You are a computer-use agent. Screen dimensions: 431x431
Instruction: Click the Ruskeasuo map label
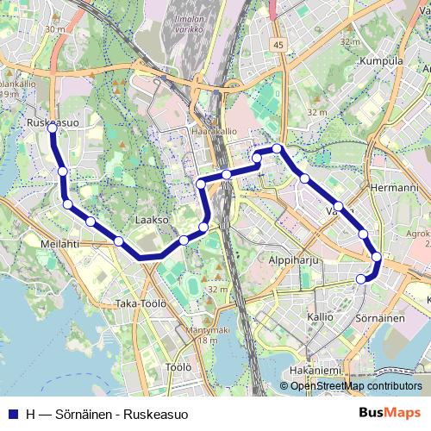(53, 122)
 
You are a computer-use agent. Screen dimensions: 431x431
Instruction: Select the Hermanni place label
(393, 187)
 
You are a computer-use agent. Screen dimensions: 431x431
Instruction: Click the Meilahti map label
(59, 244)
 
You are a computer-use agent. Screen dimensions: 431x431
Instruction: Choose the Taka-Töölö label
(140, 303)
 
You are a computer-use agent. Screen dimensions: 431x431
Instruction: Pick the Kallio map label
(320, 317)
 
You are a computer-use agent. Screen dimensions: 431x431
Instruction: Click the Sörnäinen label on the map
(380, 318)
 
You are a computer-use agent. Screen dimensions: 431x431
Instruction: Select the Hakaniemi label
(315, 370)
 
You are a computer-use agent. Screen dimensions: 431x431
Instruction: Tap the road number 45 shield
(277, 44)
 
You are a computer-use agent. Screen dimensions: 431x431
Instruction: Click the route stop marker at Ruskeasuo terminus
(53, 128)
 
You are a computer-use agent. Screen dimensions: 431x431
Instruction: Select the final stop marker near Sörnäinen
(361, 278)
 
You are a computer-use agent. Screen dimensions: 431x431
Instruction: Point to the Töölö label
(177, 367)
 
